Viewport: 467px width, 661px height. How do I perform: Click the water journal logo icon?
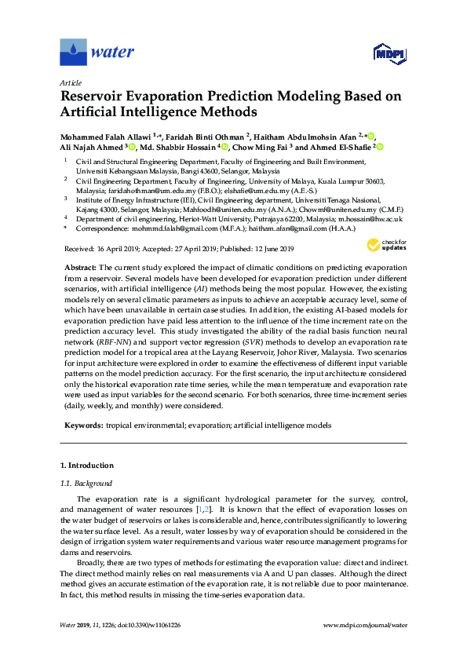[x=73, y=52]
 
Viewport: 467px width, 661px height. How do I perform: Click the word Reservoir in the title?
[x=97, y=97]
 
